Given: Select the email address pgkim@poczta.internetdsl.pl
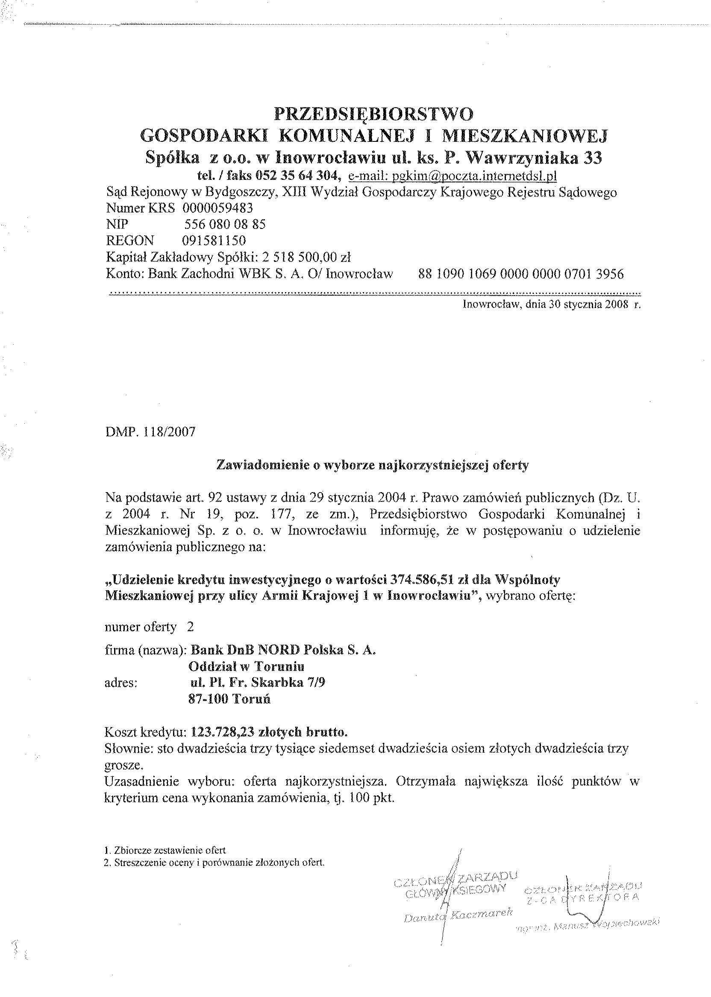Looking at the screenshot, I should [452, 176].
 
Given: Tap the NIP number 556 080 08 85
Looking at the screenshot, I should [225, 224].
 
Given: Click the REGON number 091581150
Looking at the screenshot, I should [214, 240].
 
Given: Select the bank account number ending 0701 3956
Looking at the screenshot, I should [521, 274].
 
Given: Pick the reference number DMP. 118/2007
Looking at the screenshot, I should [150, 432].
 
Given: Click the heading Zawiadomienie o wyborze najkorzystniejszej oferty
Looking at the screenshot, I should [373, 465].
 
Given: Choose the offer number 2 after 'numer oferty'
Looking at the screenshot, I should [190, 627].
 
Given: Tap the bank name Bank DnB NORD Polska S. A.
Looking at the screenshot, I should [283, 651].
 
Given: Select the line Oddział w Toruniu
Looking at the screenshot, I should [246, 666].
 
